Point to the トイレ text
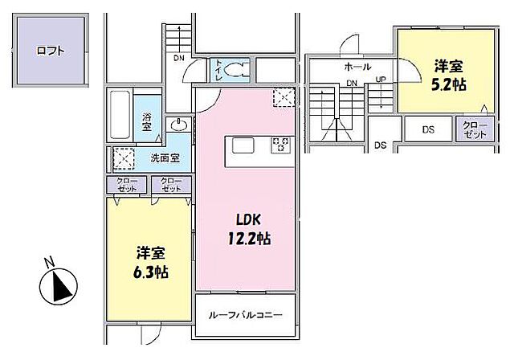218,71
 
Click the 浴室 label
147,121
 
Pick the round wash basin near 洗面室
178,125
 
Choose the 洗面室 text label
165,158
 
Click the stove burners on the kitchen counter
281,145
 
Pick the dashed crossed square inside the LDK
284,97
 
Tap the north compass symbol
57,286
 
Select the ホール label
357,67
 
